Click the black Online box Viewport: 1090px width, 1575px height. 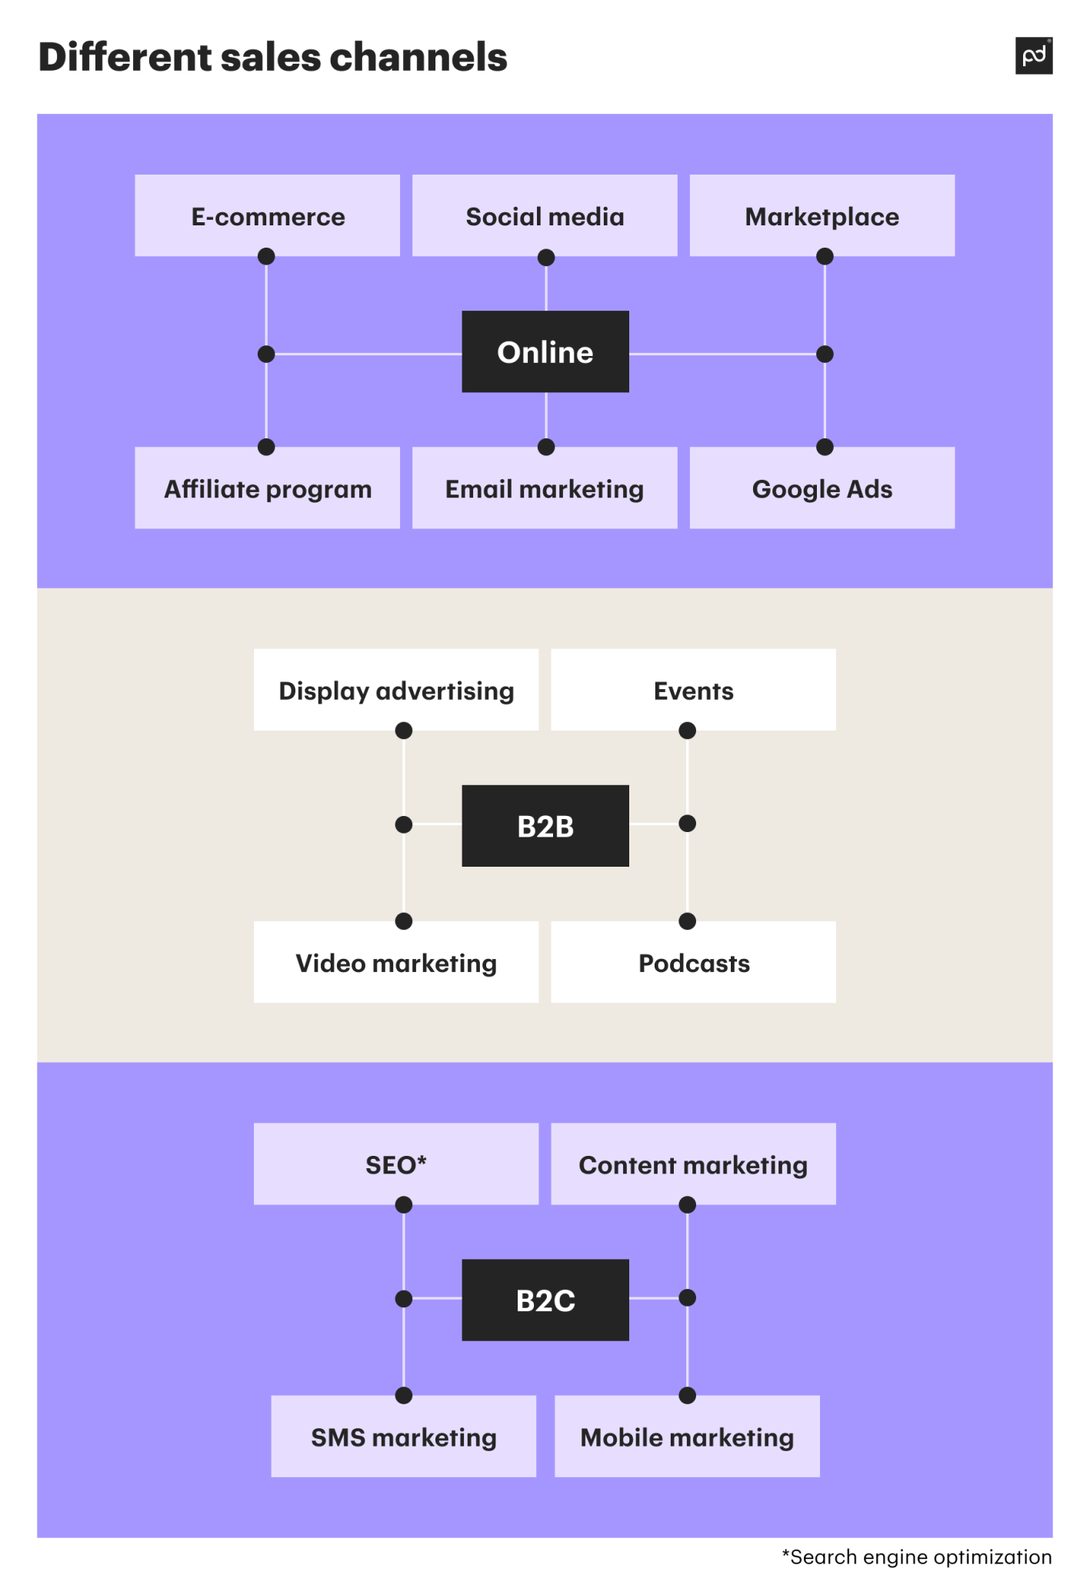pyautogui.click(x=545, y=351)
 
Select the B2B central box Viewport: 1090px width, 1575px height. pyautogui.click(x=545, y=826)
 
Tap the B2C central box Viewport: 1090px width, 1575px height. pyautogui.click(x=545, y=1300)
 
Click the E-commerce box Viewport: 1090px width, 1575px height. pyautogui.click(x=267, y=215)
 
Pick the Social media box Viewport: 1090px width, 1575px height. pyautogui.click(x=545, y=215)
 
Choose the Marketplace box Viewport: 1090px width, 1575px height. pyautogui.click(x=822, y=215)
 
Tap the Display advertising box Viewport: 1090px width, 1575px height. pyautogui.click(x=395, y=690)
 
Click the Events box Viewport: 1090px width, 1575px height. pyautogui.click(x=693, y=690)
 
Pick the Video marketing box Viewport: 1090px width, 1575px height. pyautogui.click(x=395, y=962)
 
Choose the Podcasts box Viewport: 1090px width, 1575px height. pyautogui.click(x=693, y=962)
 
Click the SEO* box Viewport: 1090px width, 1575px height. pyautogui.click(x=395, y=1164)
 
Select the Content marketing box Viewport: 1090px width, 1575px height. pyautogui.click(x=693, y=1164)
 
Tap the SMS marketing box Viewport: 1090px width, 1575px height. pyautogui.click(x=403, y=1436)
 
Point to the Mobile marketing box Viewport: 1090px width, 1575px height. pyautogui.click(x=687, y=1436)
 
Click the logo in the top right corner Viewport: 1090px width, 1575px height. pyautogui.click(x=1033, y=56)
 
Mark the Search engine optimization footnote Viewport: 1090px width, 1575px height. pyautogui.click(x=916, y=1557)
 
